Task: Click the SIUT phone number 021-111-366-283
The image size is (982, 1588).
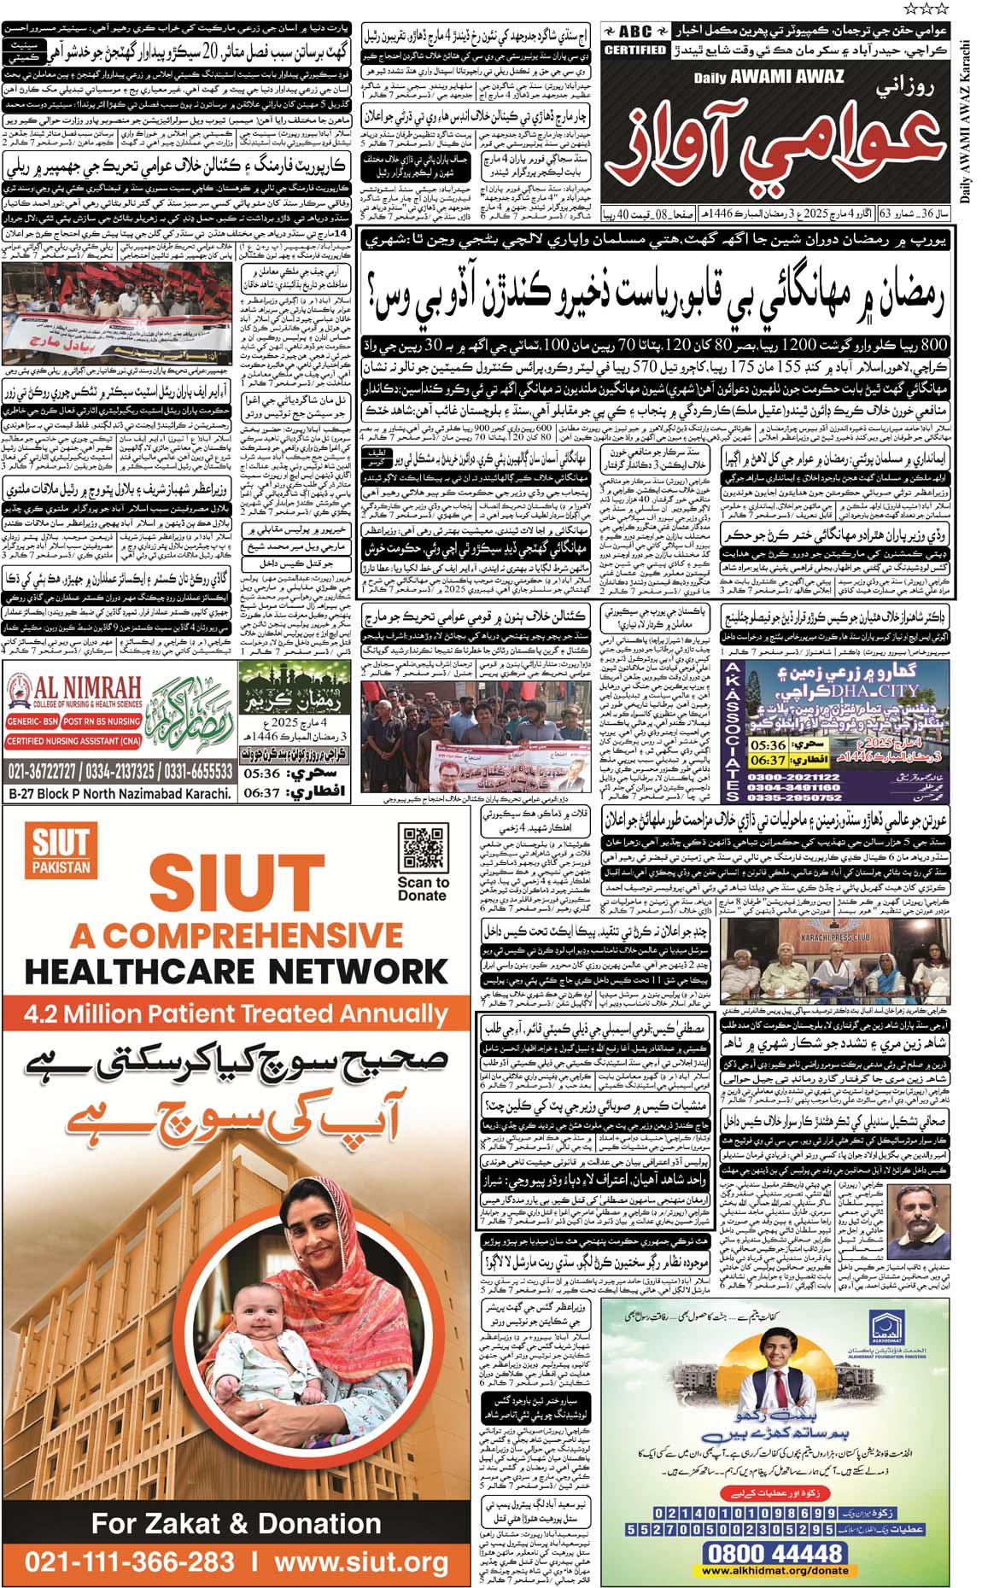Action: pos(129,1561)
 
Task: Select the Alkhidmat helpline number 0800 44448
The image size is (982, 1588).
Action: pos(774,1550)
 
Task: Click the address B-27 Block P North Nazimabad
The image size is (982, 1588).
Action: pos(120,793)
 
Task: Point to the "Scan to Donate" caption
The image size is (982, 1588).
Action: pos(422,889)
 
